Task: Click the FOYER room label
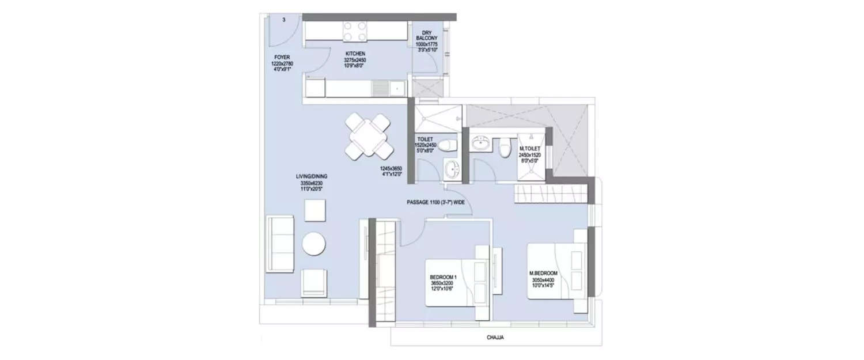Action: [x=281, y=57]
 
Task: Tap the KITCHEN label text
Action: [x=355, y=54]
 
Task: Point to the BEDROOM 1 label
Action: [x=442, y=277]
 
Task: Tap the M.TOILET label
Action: [x=529, y=148]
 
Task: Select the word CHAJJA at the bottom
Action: [x=495, y=338]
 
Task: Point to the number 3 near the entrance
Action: [x=284, y=20]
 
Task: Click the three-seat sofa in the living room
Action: [x=280, y=243]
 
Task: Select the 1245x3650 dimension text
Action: [x=390, y=170]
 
